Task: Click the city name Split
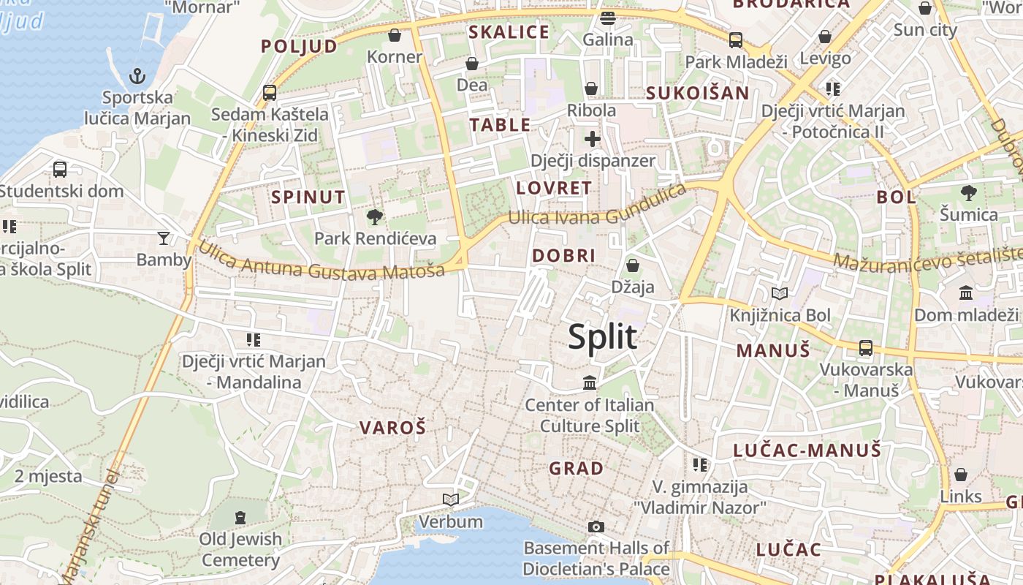(x=603, y=337)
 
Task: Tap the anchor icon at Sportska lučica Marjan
(x=137, y=76)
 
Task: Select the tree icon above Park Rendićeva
(x=375, y=216)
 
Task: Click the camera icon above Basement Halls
(x=596, y=526)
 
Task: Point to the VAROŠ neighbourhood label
(x=392, y=429)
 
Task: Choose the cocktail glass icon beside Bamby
(x=164, y=238)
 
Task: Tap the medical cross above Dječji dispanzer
(x=593, y=139)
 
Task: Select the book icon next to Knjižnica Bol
(x=780, y=294)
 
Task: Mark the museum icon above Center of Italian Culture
(x=590, y=382)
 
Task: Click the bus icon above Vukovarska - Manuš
(x=866, y=348)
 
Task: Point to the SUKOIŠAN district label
(x=698, y=93)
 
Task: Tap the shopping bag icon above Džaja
(x=633, y=265)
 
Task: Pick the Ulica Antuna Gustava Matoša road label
(x=322, y=263)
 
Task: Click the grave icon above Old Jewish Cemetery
(x=240, y=518)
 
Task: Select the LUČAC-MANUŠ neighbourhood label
(x=807, y=450)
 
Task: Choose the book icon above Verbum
(x=451, y=500)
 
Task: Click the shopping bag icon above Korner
(x=395, y=35)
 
